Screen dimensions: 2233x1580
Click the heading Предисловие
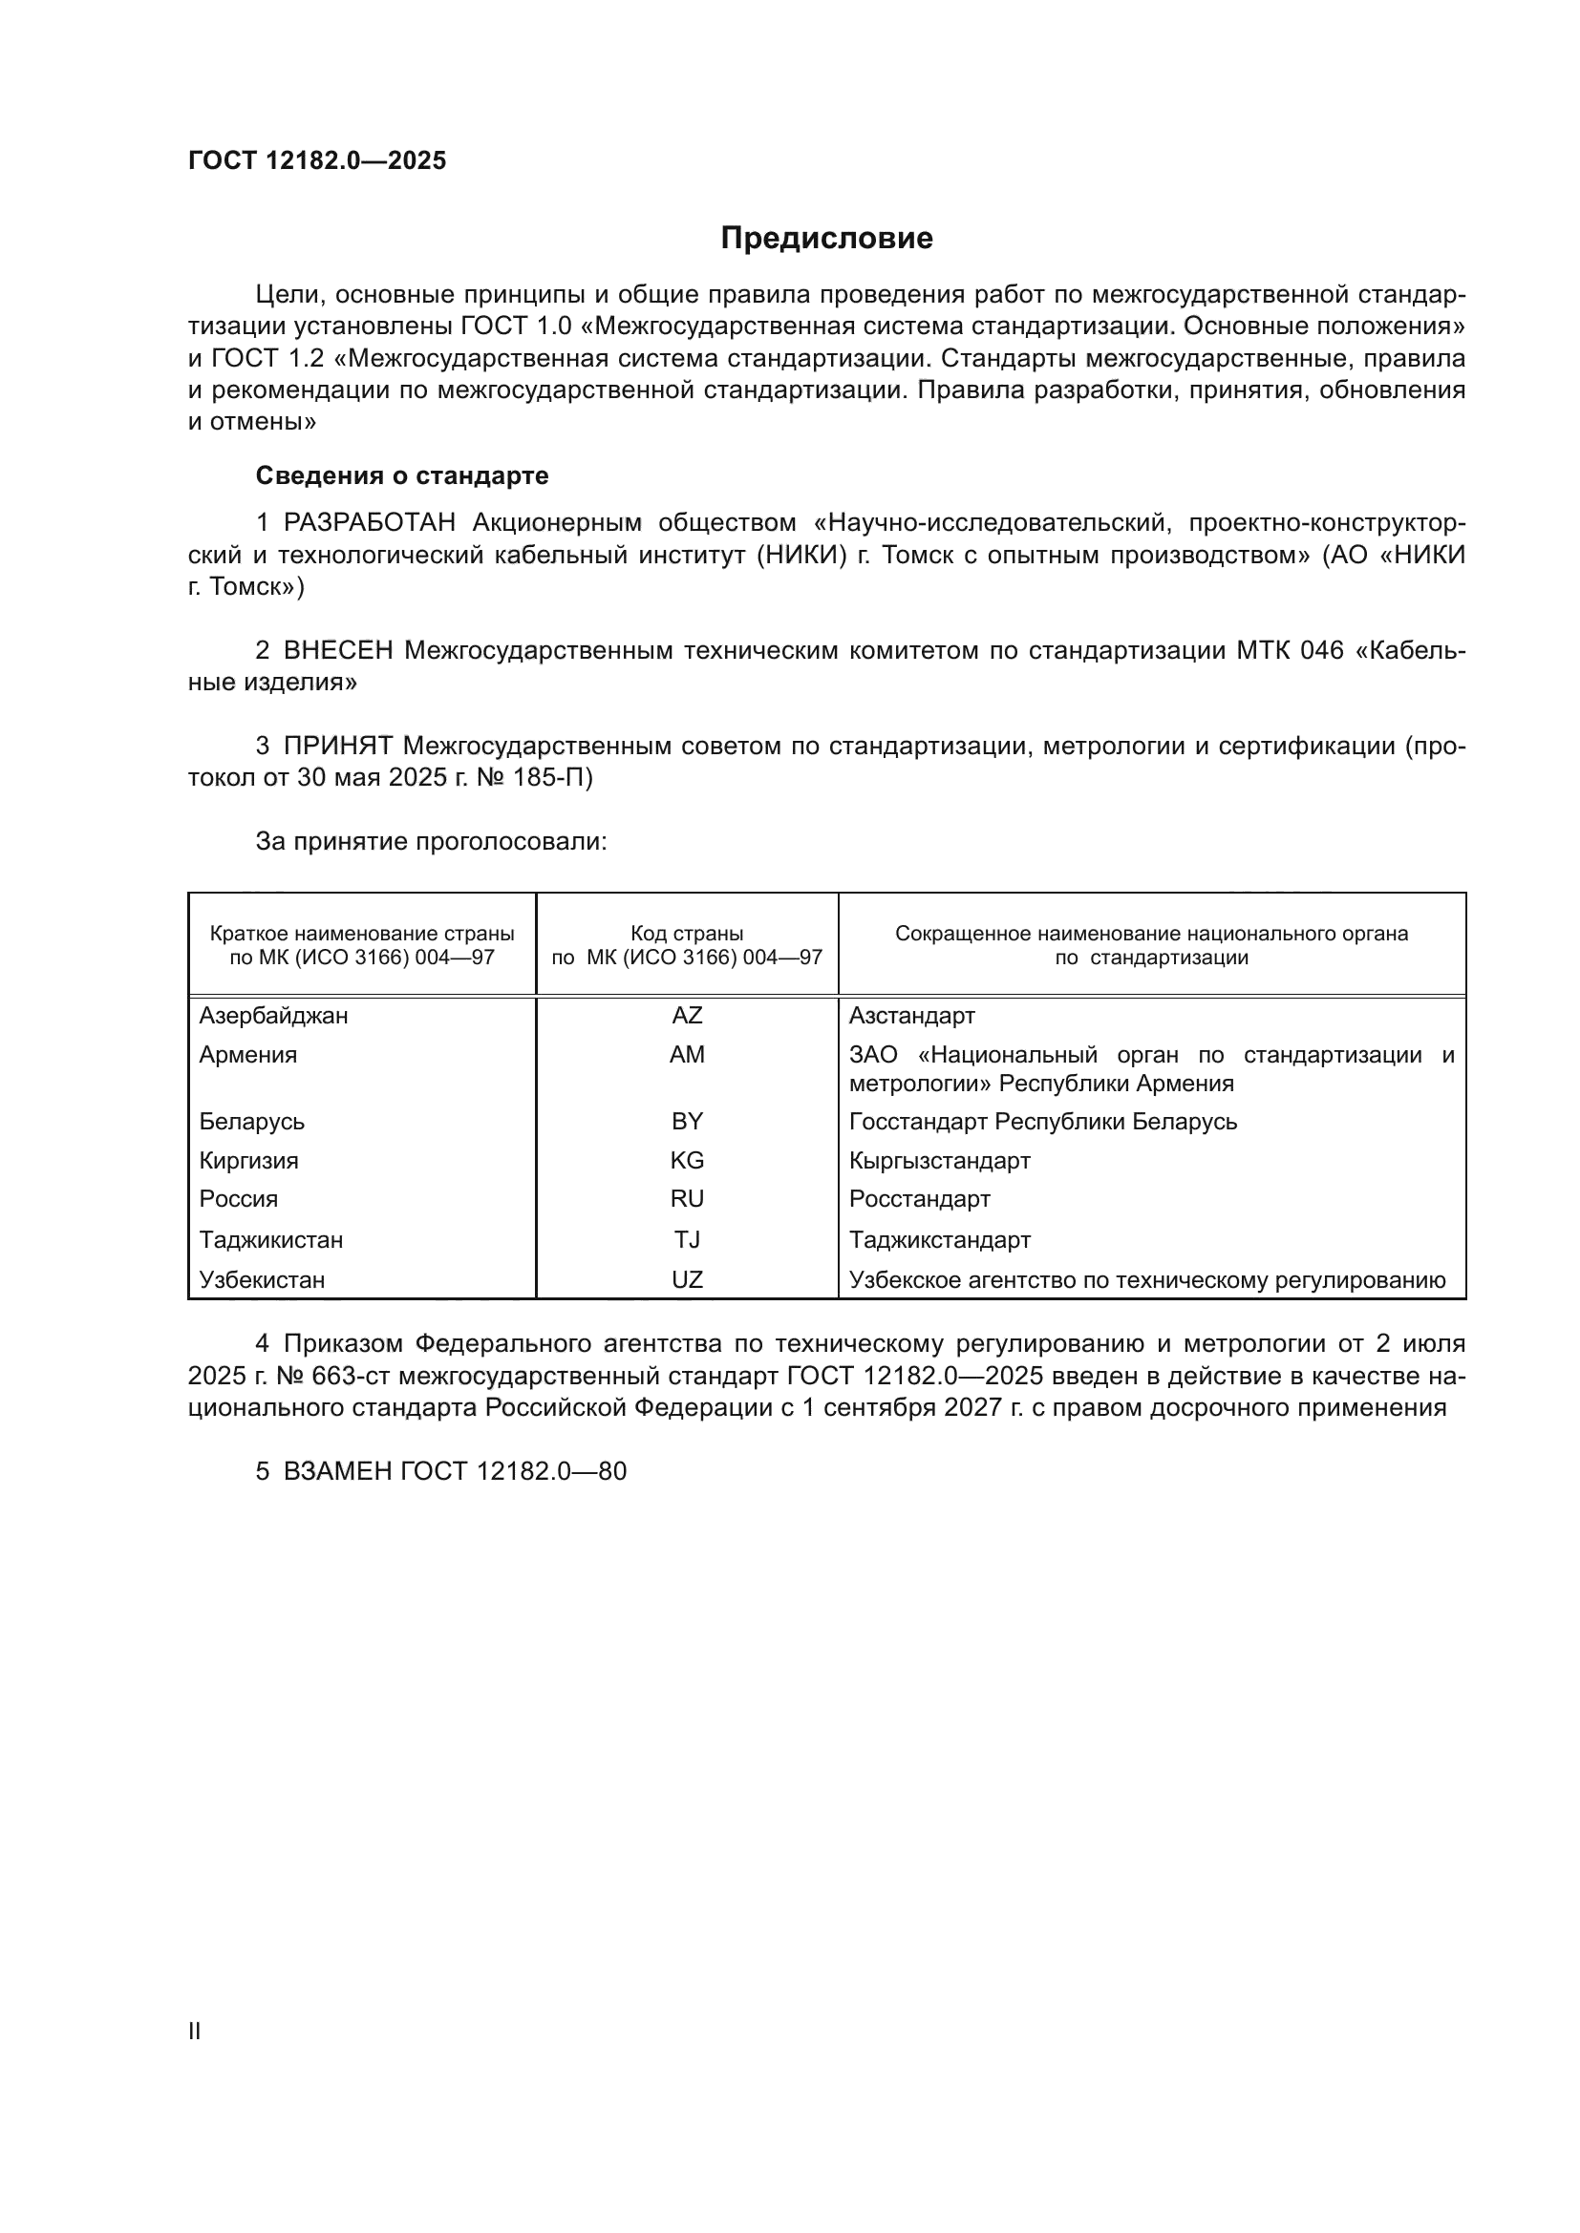pos(826,239)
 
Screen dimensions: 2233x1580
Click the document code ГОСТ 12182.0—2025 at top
pos(317,160)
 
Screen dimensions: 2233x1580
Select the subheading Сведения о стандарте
pos(402,475)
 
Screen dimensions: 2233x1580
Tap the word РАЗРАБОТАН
pos(369,523)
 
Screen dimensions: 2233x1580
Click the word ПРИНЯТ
pos(337,746)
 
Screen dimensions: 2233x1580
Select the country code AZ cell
pos(687,1016)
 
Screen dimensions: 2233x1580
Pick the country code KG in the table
pos(687,1160)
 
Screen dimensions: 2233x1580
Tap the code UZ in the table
pos(687,1280)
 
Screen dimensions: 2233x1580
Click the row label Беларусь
pos(252,1122)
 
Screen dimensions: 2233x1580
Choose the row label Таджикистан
pos(271,1240)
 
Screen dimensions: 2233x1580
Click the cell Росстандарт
pos(919,1199)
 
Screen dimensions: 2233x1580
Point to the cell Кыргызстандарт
pos(940,1160)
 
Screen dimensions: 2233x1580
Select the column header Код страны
pos(687,934)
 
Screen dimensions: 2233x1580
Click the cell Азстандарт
pos(911,1016)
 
